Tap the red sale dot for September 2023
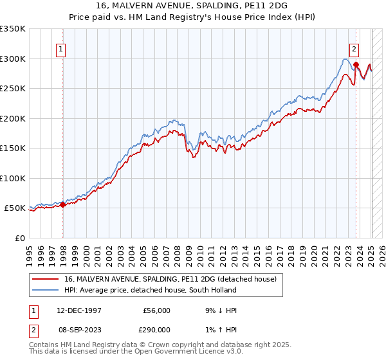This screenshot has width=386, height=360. pos(356,65)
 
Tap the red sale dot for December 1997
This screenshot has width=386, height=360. pos(63,204)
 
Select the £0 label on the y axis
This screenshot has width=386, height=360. pos(19,238)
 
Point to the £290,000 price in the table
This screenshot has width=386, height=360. pos(156,329)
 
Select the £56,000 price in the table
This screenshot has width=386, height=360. pos(156,310)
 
